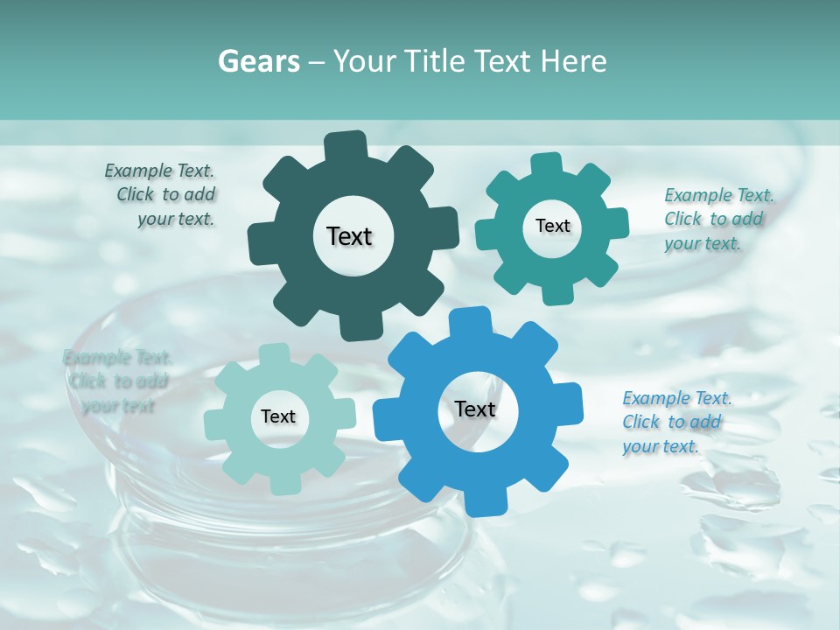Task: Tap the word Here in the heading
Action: point(575,61)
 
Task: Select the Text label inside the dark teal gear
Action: point(349,236)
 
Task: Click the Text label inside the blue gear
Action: point(475,409)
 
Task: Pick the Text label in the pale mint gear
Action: point(278,416)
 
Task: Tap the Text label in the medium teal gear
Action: point(552,226)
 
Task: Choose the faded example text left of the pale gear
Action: point(117,381)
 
